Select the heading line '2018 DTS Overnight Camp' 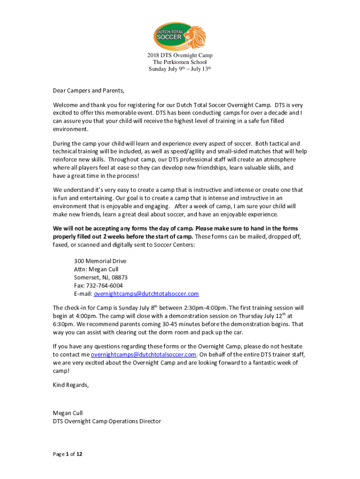pos(180,56)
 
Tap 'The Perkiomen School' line pos(180,62)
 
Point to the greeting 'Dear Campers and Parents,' pos(89,90)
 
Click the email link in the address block pos(146,294)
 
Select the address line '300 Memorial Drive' pos(100,261)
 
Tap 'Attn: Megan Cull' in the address pos(96,269)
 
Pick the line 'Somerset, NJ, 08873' pos(101,277)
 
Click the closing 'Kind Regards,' pos(71,385)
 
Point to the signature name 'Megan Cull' pos(68,413)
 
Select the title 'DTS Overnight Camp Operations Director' pos(107,421)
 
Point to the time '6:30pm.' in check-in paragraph pos(64,324)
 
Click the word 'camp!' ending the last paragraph pos(61,370)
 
